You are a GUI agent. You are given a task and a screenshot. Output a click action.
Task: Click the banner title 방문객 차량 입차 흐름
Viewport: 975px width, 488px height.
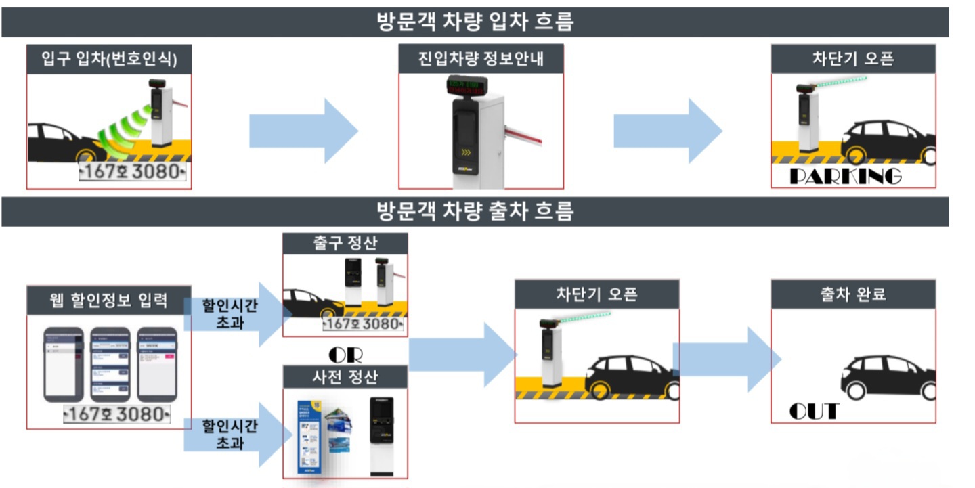[475, 22]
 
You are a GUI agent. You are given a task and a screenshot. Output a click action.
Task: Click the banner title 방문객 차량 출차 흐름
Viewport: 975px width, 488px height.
[475, 212]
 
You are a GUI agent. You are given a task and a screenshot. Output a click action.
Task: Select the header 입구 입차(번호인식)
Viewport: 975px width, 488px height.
[109, 60]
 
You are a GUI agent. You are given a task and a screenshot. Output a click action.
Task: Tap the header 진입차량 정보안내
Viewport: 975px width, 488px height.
[481, 60]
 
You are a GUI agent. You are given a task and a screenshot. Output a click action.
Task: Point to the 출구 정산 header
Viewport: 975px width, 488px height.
[345, 244]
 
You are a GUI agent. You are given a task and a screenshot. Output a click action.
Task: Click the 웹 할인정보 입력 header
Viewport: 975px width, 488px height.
[109, 300]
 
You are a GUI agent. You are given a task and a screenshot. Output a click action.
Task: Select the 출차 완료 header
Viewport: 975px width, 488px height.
[852, 294]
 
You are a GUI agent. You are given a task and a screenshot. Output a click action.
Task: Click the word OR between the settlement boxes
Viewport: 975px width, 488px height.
[345, 355]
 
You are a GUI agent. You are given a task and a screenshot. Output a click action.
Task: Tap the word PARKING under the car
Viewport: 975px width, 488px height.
[846, 177]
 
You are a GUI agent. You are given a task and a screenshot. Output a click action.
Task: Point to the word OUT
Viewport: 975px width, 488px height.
[814, 411]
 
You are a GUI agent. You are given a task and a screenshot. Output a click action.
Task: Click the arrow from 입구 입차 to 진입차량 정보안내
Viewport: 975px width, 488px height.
[303, 131]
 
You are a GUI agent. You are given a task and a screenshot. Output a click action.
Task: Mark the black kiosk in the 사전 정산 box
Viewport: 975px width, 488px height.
[381, 433]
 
